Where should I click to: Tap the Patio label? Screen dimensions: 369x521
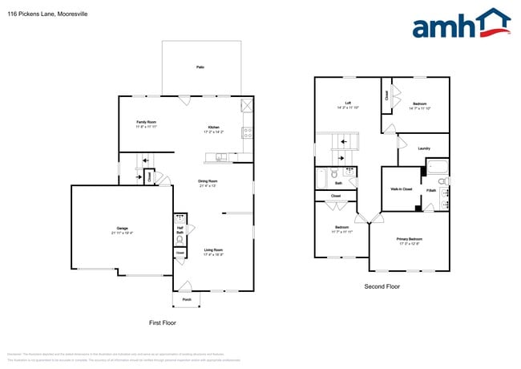pos(200,67)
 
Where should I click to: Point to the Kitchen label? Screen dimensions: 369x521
pos(214,128)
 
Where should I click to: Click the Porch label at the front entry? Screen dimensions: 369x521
pos(186,299)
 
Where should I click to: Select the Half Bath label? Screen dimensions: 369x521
pos(180,231)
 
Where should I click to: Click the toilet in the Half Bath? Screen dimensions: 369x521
pos(180,240)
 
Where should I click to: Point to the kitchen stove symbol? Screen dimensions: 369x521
pos(248,132)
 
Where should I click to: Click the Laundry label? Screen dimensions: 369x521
pos(424,148)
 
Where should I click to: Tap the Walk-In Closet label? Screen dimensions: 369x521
pos(401,189)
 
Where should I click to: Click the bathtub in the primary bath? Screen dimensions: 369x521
pos(437,168)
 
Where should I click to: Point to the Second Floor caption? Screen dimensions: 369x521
pos(382,286)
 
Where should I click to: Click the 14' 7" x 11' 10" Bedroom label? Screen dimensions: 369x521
pos(419,105)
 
